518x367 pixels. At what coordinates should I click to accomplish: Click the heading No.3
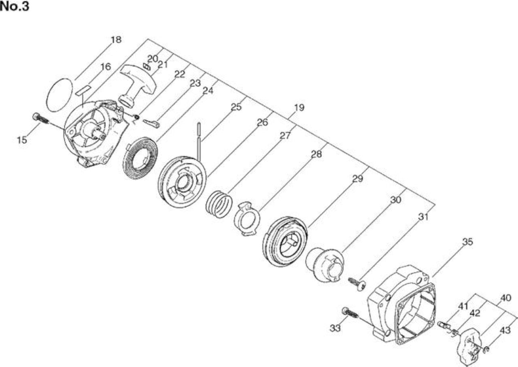[15, 6]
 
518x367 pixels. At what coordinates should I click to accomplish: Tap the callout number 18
[116, 40]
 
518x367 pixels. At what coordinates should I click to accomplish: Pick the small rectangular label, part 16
[83, 90]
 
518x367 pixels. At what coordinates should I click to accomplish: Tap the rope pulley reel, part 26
[182, 182]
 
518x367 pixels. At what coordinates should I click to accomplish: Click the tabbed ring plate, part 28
[247, 219]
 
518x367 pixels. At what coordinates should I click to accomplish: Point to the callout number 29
[357, 179]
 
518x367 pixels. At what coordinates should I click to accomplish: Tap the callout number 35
[467, 242]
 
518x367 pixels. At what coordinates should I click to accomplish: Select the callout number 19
[299, 108]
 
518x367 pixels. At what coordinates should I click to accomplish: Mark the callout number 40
[505, 298]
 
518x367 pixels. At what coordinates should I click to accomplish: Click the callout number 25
[236, 107]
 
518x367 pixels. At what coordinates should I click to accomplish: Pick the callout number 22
[180, 74]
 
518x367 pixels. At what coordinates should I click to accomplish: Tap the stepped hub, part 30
[325, 265]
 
